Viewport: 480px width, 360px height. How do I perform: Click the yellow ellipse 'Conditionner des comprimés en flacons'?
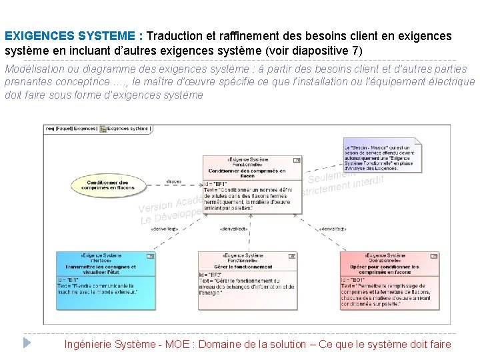[x=107, y=185]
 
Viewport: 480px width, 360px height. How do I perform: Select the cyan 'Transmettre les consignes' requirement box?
[x=106, y=280]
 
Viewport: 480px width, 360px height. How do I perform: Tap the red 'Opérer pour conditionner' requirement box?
[x=390, y=280]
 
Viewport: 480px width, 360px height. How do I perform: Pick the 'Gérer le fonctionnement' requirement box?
[x=247, y=280]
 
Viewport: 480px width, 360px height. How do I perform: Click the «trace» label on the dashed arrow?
[x=173, y=181]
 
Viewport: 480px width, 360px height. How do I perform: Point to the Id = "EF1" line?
[x=216, y=184]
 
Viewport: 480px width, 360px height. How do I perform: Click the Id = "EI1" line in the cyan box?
[x=69, y=280]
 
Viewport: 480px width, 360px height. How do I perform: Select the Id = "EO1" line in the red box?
[x=353, y=280]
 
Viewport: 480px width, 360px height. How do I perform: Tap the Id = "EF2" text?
[x=211, y=275]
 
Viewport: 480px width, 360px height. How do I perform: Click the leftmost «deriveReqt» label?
[x=163, y=229]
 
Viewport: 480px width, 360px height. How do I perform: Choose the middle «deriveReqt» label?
[x=233, y=229]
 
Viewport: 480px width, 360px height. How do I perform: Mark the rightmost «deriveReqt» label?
[x=333, y=229]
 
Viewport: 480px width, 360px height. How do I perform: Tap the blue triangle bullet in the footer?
[x=27, y=343]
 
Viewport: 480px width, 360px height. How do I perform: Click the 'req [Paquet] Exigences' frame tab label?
[x=71, y=128]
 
